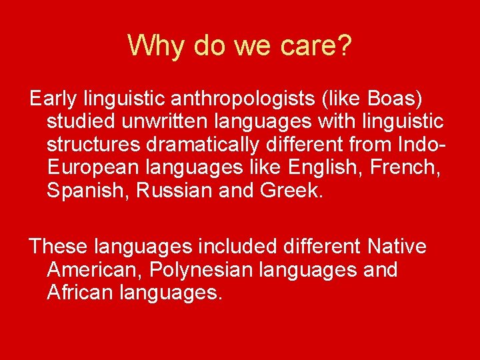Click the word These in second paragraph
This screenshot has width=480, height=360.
pos(58,247)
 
